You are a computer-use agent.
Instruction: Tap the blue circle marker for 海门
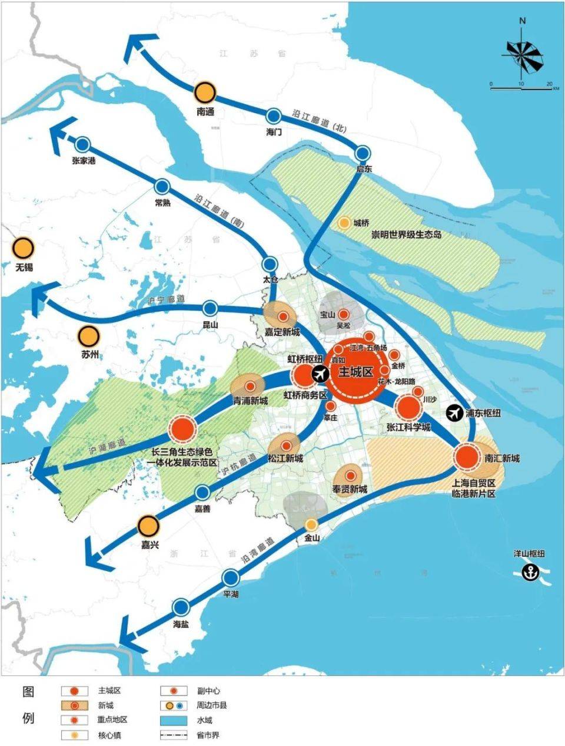(x=274, y=116)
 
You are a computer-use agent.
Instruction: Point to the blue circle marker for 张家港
(x=82, y=144)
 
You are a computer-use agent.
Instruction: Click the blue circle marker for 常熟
(x=162, y=187)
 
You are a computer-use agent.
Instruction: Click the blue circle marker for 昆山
(x=210, y=308)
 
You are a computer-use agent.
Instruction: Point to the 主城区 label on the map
(x=356, y=372)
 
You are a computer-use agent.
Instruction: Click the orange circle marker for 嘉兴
(x=149, y=525)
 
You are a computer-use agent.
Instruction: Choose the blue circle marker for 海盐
(x=181, y=606)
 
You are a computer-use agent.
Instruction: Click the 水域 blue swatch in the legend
(x=178, y=720)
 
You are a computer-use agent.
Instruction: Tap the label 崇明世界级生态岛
(x=406, y=235)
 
